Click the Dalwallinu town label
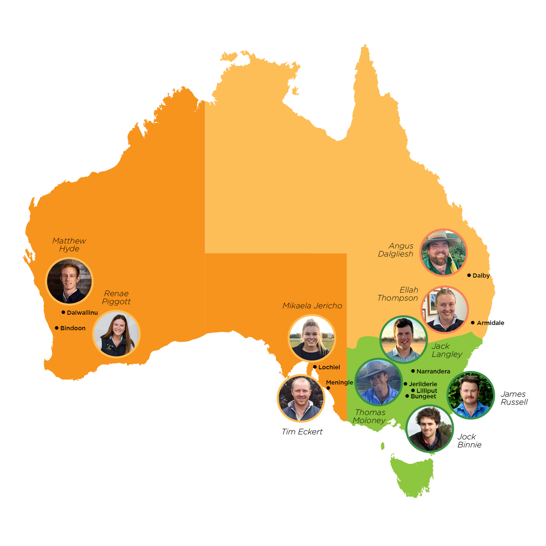pos(82,313)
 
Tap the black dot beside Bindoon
pos(57,328)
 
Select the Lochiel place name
pos(329,367)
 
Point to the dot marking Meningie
pos(328,388)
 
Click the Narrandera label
pos(433,371)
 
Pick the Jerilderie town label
pos(423,384)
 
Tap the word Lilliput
pos(427,390)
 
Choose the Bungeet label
pos(423,396)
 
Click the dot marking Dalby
pos(469,275)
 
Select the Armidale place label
pos(490,323)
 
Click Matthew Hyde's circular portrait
pos(69,281)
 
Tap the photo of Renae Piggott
pos(116,334)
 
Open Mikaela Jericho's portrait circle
pos(312,338)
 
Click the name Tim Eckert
pos(302,432)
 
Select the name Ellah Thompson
pos(398,294)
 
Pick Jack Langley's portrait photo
pos(404,340)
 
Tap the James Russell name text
pos(514,398)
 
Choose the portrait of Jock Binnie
pos(430,429)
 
